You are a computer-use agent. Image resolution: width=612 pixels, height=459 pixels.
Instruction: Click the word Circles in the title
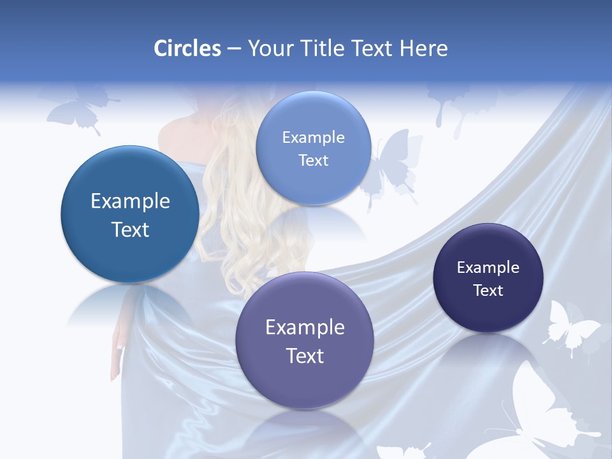point(187,48)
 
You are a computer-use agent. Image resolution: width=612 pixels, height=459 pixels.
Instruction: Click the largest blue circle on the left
point(130,214)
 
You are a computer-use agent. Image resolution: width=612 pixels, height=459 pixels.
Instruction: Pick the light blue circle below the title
point(313,148)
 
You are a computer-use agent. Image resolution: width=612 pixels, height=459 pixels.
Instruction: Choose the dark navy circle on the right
point(488,278)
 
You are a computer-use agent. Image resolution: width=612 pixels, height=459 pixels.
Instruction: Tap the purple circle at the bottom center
point(305,340)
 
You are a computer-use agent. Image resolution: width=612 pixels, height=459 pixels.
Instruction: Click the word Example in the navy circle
point(488,268)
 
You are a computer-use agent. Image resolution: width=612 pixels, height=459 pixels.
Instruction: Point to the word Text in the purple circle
point(305,356)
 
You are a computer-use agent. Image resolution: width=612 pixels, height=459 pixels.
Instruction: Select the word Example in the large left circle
point(130,201)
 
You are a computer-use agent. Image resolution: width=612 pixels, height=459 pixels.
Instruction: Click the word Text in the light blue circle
point(313,161)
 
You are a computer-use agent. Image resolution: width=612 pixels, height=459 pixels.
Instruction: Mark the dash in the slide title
point(233,49)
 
